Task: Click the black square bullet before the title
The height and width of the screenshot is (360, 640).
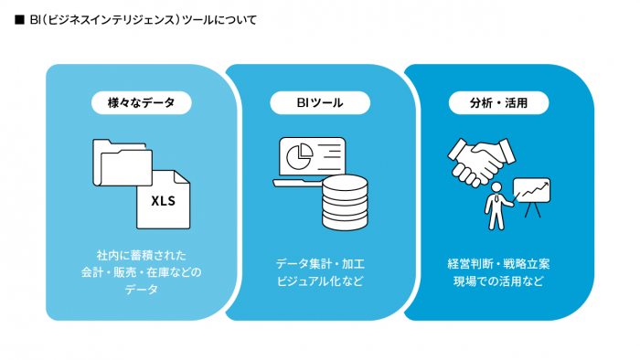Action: pos(19,20)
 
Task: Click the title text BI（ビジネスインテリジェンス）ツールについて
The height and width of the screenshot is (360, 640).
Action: pos(144,20)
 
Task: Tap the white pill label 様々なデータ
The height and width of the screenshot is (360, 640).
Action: pos(142,102)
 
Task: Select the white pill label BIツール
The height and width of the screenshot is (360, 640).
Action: pos(320,102)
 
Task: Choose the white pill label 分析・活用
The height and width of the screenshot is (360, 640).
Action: pos(499,102)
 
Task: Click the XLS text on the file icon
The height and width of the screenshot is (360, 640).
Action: pos(164,201)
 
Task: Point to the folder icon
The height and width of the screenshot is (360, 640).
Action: pos(123,163)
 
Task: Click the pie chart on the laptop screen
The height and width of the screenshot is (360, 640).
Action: pos(300,156)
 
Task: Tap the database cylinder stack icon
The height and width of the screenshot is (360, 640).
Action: pos(345,203)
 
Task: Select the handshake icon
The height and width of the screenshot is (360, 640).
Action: pos(481,162)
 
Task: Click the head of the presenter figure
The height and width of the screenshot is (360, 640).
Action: pos(496,187)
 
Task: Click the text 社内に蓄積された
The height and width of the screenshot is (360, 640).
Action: pos(142,255)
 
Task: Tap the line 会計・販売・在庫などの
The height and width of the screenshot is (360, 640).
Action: pos(142,272)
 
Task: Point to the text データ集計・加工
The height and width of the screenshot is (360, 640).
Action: pos(320,264)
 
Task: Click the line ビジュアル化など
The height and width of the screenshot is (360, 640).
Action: pos(320,281)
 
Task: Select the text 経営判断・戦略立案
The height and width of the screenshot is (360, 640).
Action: pos(499,264)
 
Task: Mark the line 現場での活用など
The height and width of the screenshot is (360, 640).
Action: pos(499,281)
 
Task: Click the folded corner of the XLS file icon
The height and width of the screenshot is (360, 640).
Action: pos(181,177)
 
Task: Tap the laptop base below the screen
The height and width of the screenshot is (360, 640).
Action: pos(298,184)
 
